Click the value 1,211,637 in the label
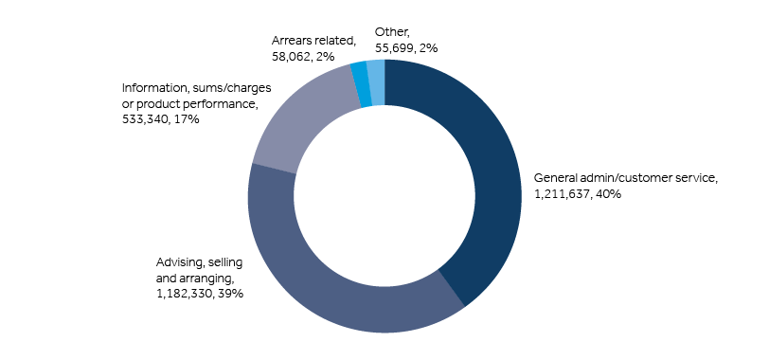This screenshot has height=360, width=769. (x=562, y=194)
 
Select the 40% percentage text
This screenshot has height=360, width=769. (x=608, y=194)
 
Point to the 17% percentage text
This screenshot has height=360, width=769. (x=186, y=118)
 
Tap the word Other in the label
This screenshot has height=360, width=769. (x=391, y=32)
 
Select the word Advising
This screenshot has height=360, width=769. (x=177, y=262)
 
